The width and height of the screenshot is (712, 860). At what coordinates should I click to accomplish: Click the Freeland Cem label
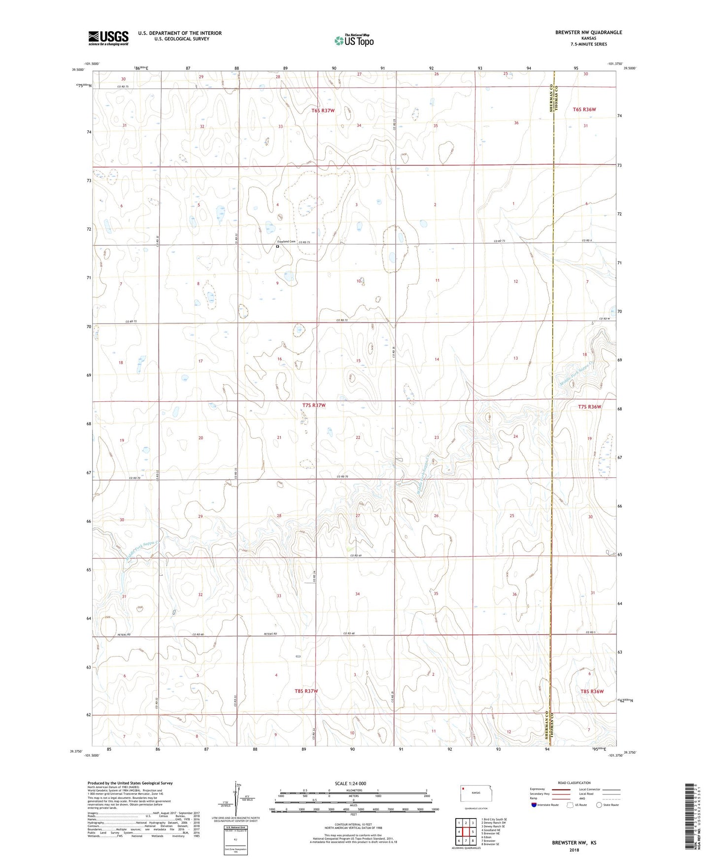tap(286, 242)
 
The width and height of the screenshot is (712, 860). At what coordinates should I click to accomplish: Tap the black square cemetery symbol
tap(277, 247)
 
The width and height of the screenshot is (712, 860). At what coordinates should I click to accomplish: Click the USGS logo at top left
tap(108, 37)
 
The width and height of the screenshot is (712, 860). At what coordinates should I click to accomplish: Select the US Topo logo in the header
tap(354, 40)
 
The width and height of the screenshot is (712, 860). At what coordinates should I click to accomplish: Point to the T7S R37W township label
tap(314, 405)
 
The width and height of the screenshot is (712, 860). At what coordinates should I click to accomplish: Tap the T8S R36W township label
tap(591, 691)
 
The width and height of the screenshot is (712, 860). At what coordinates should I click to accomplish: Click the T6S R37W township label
tap(323, 110)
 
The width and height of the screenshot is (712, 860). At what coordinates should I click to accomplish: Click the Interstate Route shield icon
tap(534, 805)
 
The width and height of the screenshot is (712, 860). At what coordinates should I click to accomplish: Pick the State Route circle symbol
tap(599, 805)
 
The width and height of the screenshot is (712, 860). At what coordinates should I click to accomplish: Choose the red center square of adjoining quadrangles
tap(466, 832)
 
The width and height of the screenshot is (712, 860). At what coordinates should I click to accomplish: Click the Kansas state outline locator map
tap(474, 793)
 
